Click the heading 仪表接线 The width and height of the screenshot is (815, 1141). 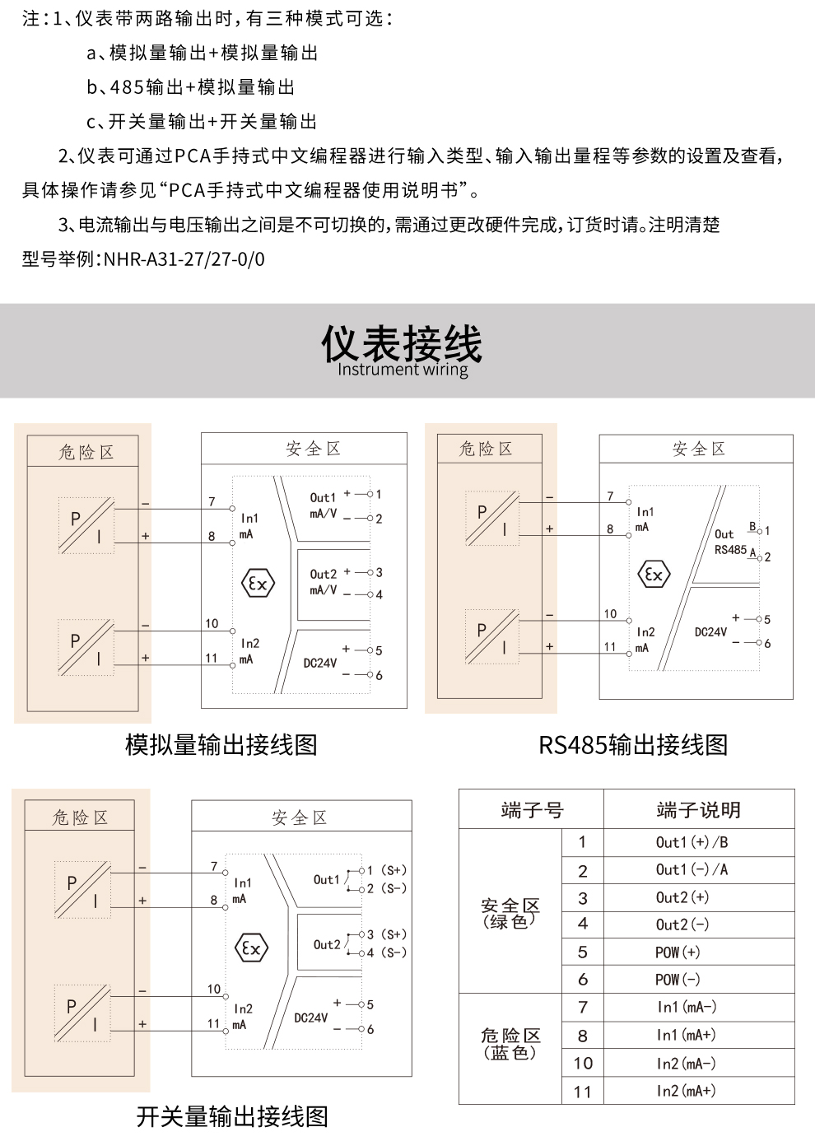coord(402,342)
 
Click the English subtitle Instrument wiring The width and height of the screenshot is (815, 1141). coord(403,370)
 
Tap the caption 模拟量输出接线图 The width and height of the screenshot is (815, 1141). coord(221,745)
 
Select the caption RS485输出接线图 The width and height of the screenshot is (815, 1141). coord(633,745)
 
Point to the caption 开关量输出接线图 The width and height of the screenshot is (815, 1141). coord(232,1116)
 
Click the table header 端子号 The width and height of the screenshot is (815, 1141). coord(532,810)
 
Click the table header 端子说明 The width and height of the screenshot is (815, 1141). coord(698,810)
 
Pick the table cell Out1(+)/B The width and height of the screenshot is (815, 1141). coord(692,842)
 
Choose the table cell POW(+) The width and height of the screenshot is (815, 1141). coord(678,952)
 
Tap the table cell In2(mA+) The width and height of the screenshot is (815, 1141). coord(686,1091)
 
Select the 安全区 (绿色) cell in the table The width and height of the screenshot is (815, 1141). coord(510,913)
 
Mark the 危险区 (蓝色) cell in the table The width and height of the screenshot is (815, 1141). coord(510,1043)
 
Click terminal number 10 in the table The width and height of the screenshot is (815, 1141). coord(583,1063)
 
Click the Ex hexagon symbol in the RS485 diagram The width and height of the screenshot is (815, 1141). coord(654,575)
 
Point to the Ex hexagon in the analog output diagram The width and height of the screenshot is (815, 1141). coord(258,584)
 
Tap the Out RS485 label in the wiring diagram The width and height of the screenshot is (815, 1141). coord(730,542)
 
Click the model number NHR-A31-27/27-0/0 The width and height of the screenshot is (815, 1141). coord(184,259)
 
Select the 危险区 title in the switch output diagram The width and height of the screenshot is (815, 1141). coord(80,817)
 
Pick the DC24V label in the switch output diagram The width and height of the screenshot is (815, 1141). coord(310,1018)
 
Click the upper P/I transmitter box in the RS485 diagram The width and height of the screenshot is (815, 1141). coord(492,519)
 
